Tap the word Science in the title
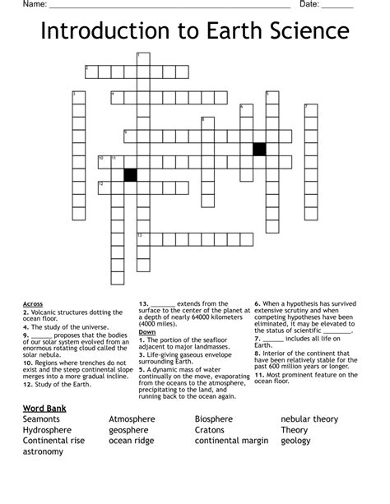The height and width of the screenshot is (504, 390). click(x=305, y=33)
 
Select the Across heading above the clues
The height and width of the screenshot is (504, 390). click(x=33, y=304)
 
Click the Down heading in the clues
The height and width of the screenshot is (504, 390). click(x=147, y=331)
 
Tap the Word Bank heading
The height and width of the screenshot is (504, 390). click(x=44, y=409)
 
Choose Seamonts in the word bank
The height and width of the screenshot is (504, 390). click(x=42, y=419)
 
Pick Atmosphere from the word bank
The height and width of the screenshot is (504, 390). click(x=132, y=419)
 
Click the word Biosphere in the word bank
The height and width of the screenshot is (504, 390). click(x=214, y=419)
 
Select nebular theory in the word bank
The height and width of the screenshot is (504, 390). click(x=309, y=419)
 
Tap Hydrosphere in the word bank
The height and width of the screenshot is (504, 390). click(x=47, y=430)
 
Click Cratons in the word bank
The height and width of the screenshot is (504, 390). click(x=210, y=430)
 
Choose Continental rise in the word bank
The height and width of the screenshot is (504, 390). click(x=53, y=441)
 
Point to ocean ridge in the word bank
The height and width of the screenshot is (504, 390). click(x=131, y=441)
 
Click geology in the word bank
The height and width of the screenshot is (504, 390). click(x=295, y=441)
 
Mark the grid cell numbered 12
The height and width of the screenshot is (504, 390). click(x=104, y=187)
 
